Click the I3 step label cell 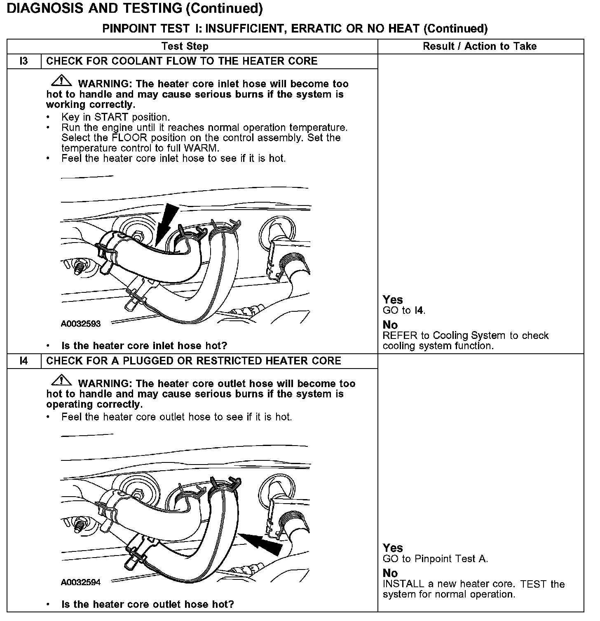point(24,61)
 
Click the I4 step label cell point(24,361)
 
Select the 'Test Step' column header point(185,47)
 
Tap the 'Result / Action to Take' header point(480,47)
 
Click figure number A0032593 point(81,324)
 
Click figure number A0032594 point(81,582)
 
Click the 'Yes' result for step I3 point(393,300)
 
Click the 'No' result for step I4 point(390,573)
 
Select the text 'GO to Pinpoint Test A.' point(435,559)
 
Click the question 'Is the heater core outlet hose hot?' point(148,605)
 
